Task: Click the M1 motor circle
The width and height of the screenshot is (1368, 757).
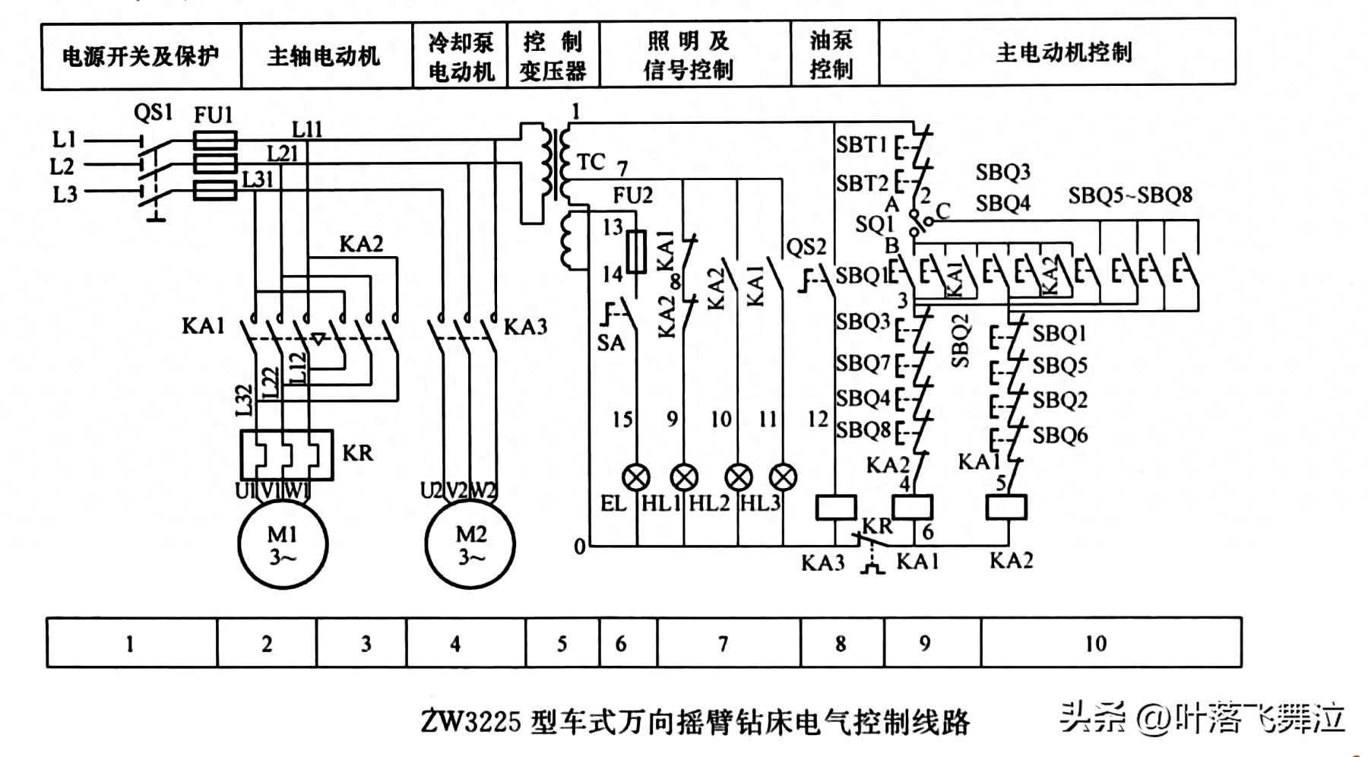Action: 283,544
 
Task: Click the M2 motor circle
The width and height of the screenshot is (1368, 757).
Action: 470,544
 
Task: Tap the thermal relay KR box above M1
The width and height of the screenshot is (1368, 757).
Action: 287,455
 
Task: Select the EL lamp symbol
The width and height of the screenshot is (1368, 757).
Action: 635,477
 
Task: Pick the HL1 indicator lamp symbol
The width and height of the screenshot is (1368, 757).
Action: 684,477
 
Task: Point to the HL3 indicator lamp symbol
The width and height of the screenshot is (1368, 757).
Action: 783,477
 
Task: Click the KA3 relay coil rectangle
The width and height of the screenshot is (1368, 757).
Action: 836,507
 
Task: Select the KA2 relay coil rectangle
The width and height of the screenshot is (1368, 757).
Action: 1006,507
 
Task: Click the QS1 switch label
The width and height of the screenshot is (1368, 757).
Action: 154,113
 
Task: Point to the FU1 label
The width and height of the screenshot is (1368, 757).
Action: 213,116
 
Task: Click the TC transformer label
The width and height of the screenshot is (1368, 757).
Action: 591,162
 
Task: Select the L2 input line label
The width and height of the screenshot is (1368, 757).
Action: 63,166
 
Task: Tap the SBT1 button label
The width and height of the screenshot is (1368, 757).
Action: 862,144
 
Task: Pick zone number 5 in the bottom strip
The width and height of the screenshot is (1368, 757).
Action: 562,644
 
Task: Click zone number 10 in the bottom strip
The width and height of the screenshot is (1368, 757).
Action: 1095,644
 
